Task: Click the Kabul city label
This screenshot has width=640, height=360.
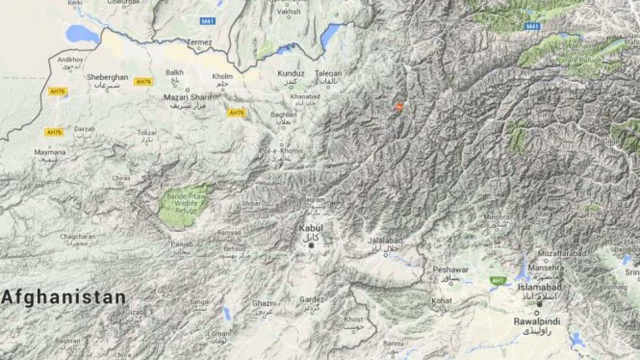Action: click(x=311, y=228)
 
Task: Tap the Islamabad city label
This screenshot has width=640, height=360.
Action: click(x=539, y=287)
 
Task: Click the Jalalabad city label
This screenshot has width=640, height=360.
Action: click(x=385, y=241)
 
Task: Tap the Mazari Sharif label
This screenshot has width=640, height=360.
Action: click(x=187, y=97)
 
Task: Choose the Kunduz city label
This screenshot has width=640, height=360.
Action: click(x=291, y=74)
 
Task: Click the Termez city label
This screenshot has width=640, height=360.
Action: click(x=199, y=42)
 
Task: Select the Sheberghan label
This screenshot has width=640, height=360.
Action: click(x=107, y=77)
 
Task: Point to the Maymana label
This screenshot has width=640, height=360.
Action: click(x=50, y=153)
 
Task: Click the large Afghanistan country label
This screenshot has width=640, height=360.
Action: click(x=63, y=298)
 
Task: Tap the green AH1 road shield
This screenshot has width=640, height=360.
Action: click(x=498, y=281)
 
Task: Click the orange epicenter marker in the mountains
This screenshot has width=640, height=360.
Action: click(x=398, y=107)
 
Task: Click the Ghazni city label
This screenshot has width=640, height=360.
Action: click(x=265, y=303)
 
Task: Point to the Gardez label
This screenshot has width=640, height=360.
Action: click(x=311, y=300)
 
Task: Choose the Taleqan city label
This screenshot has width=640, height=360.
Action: click(x=328, y=74)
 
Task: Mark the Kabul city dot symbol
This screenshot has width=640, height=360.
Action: click(x=311, y=245)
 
